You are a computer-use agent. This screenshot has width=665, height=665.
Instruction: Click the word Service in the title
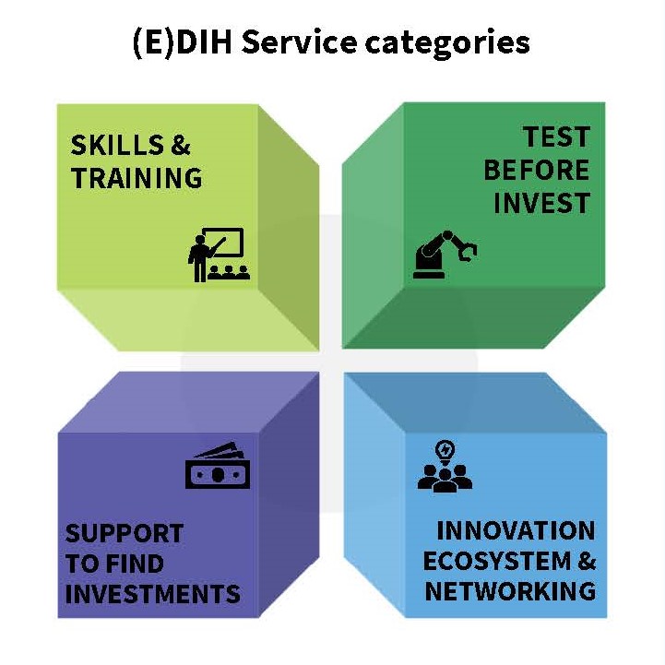(299, 42)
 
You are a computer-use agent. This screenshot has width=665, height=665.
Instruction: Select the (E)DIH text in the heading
(183, 43)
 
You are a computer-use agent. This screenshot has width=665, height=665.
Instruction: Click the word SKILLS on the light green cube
(117, 145)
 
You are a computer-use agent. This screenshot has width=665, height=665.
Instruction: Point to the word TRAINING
(137, 178)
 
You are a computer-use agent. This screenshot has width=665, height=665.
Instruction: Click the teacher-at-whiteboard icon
(219, 255)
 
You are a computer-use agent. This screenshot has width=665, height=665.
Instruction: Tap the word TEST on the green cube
(556, 137)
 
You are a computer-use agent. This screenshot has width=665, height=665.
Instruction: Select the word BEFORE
(537, 170)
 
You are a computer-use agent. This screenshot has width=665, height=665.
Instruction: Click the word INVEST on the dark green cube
(542, 203)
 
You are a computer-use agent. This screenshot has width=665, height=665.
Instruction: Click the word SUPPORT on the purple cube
(125, 533)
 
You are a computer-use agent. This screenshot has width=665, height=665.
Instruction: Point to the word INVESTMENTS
(153, 593)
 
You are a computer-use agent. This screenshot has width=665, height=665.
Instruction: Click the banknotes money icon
(218, 466)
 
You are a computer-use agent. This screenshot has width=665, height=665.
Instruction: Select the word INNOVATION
(516, 530)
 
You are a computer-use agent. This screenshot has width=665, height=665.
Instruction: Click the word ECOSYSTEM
(497, 561)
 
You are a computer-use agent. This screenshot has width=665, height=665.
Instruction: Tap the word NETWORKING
(510, 591)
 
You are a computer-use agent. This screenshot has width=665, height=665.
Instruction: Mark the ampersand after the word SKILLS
(181, 145)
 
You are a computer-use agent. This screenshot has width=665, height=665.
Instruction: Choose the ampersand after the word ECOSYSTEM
(587, 561)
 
